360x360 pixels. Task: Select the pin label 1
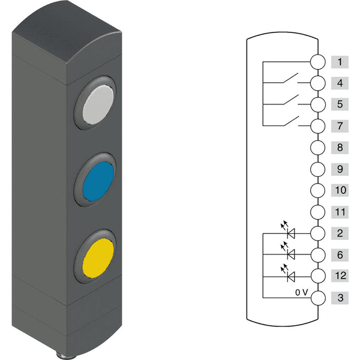pyautogui.click(x=340, y=62)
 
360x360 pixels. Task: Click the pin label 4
pyautogui.click(x=340, y=83)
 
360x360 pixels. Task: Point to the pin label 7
pyautogui.click(x=340, y=126)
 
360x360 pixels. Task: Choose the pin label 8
pyautogui.click(x=340, y=148)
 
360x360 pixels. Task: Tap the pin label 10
pyautogui.click(x=340, y=191)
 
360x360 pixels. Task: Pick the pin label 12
pyautogui.click(x=340, y=277)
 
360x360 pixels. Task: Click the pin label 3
pyautogui.click(x=340, y=298)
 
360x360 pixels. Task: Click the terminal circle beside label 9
pyautogui.click(x=317, y=169)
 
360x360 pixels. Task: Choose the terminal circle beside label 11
pyautogui.click(x=317, y=212)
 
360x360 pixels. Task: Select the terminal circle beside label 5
pyautogui.click(x=317, y=104)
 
